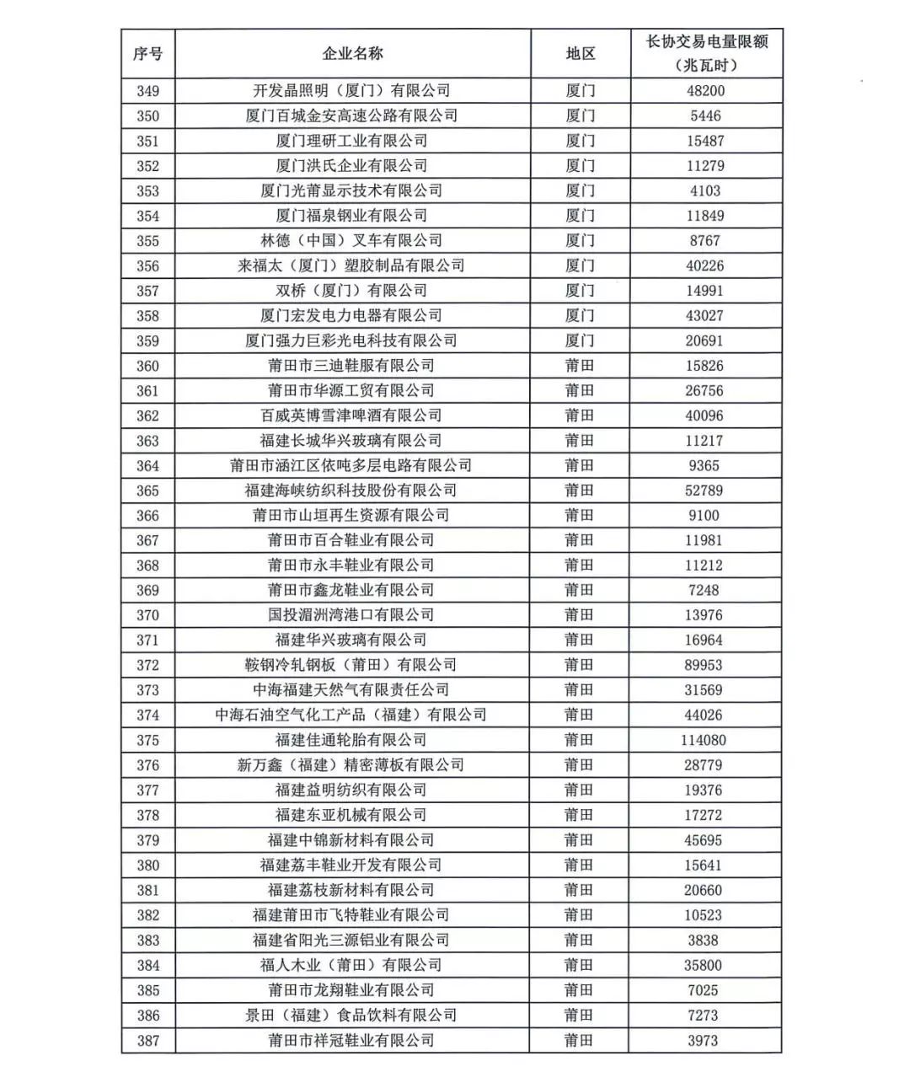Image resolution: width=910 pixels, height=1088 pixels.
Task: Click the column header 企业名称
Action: pos(352,54)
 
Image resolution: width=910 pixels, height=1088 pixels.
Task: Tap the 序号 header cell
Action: pos(147,54)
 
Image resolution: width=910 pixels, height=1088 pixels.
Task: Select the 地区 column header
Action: pos(580,54)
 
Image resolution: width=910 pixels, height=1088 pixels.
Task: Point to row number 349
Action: pos(147,91)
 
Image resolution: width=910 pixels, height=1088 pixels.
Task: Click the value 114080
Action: pos(704,740)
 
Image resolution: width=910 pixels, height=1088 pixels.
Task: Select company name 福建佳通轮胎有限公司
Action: pos(351,740)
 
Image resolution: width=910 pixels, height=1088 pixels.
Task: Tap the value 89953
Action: pos(704,665)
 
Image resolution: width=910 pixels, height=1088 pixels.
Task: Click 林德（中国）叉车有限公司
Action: pos(351,241)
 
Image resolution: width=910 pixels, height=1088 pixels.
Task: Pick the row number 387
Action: pos(147,1040)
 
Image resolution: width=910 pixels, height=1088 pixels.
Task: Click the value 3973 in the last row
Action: pos(703,1040)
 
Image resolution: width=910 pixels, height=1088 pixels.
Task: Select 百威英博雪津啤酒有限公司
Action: pos(351,415)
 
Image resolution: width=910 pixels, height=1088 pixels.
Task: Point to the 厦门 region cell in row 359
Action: pos(580,340)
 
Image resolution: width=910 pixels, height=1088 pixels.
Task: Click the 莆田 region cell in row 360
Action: pos(580,366)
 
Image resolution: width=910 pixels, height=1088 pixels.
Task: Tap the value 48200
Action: pos(705,91)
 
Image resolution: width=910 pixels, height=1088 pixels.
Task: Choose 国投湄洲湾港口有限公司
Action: pos(351,615)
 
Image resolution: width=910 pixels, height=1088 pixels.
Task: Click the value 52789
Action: pos(704,490)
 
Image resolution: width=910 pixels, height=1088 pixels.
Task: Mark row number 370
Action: pos(147,615)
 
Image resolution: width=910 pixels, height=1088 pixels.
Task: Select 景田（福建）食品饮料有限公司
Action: pos(351,1016)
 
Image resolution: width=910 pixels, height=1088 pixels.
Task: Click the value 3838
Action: pos(703,941)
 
